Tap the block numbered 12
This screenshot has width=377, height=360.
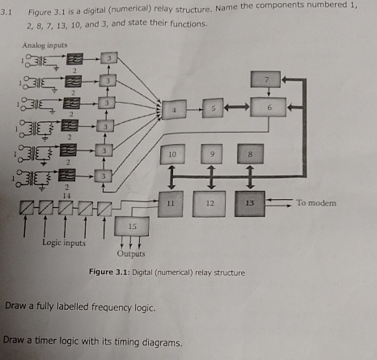[210, 202]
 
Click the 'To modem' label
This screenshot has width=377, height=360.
[315, 202]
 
